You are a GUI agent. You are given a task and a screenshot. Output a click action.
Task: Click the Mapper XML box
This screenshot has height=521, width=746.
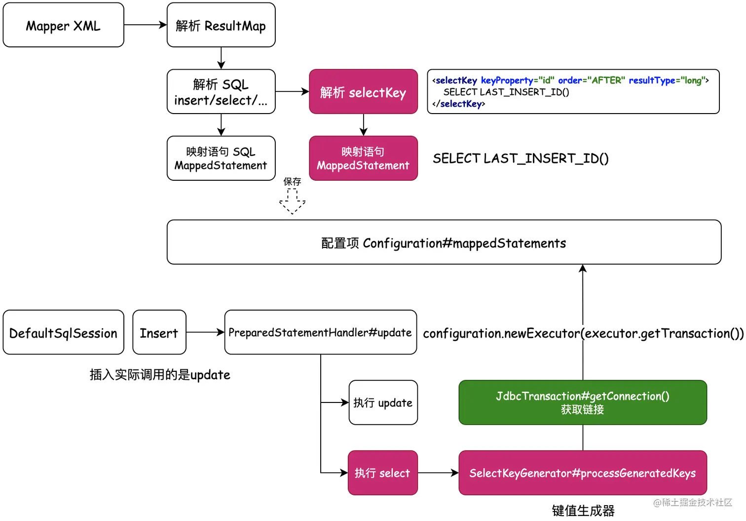pos(63,25)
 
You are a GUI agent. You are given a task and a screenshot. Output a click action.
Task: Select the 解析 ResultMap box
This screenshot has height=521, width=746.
pos(221,25)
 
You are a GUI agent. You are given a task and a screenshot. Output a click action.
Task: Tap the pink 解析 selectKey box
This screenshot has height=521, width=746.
pos(363,92)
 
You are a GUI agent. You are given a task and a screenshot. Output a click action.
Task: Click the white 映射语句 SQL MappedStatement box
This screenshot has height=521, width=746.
pos(221,159)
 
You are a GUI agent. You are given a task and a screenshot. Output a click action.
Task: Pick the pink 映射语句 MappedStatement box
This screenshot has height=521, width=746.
pos(363,159)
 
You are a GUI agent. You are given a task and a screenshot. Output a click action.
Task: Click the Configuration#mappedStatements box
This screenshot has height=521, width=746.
pos(444,242)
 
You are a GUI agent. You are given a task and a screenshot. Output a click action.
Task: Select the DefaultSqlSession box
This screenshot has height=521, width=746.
pos(63,332)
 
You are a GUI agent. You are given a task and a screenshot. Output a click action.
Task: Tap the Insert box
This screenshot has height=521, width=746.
pos(159,332)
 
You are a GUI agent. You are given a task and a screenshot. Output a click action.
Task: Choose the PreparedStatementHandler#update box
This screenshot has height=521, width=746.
pos(320,332)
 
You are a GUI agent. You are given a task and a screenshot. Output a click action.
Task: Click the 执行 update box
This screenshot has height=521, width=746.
pos(383,402)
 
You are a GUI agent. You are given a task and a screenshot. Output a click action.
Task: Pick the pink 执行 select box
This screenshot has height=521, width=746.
pos(383,473)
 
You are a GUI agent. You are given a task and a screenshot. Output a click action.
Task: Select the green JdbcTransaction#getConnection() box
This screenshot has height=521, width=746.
pos(583,402)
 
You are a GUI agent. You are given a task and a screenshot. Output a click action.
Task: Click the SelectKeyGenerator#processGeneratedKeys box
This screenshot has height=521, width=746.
pos(583,473)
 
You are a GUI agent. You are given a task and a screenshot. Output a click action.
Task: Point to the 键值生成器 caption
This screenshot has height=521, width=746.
pos(583,511)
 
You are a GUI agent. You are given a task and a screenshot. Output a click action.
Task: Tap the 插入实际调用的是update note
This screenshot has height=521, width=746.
pos(160,375)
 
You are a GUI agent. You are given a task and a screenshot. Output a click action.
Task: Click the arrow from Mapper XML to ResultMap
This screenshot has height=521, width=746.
pos(145,25)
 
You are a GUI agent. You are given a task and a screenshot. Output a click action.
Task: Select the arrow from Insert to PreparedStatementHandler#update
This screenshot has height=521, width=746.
pos(205,332)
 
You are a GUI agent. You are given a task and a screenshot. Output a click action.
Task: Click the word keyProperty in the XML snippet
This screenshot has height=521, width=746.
pos(507,80)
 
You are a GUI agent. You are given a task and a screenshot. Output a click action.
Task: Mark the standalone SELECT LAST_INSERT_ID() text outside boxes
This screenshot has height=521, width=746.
pos(521,159)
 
